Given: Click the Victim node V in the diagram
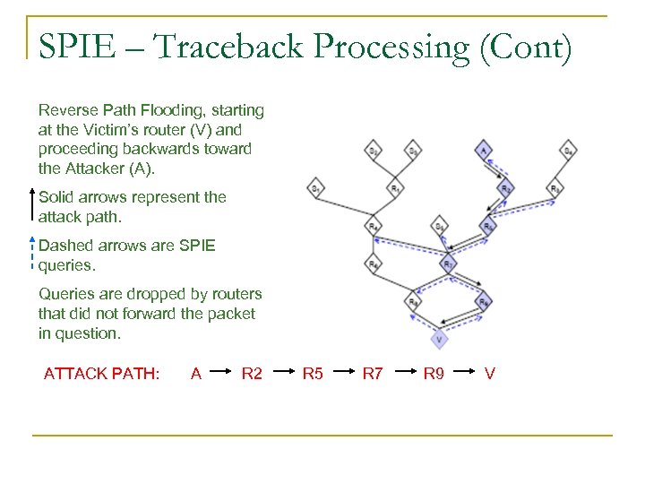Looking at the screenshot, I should (x=438, y=340).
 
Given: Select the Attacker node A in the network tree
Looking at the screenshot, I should (x=483, y=151).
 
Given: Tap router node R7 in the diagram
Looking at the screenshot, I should (x=447, y=264).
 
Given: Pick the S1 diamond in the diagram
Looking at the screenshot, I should (x=315, y=188).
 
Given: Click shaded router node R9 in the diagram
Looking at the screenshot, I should (x=484, y=302).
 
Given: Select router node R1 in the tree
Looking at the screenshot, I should (x=395, y=188).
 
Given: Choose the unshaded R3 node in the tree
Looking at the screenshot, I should (x=555, y=188).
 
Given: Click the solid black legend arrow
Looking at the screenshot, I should (x=32, y=207).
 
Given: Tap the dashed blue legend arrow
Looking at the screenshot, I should (x=32, y=255).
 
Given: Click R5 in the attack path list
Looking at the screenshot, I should (x=313, y=373).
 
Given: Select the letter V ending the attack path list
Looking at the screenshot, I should (x=489, y=373).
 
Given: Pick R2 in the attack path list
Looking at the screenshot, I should (x=252, y=373).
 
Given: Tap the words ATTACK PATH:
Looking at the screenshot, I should (x=101, y=373).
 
